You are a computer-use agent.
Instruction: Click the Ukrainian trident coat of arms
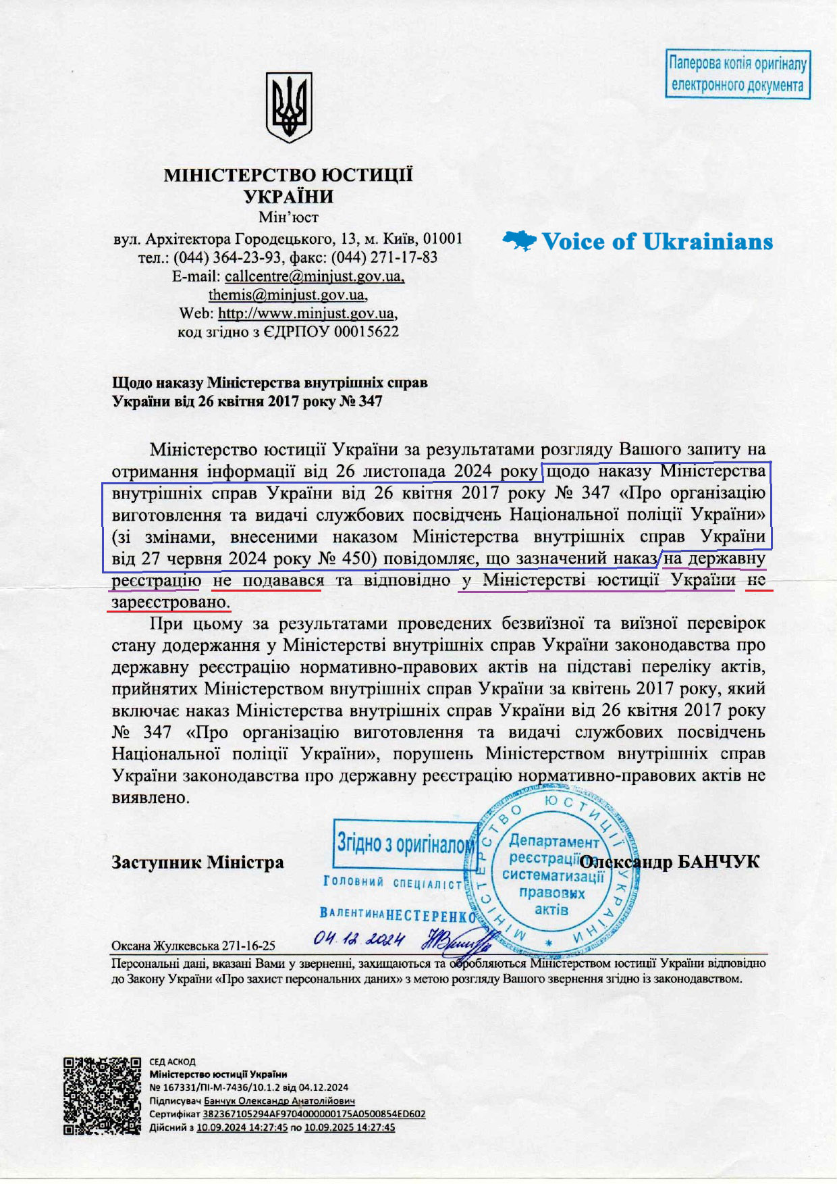click(288, 107)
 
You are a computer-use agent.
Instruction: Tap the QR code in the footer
click(103, 1096)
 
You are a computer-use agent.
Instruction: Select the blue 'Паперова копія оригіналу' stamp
click(737, 74)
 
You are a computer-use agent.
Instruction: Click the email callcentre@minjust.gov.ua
click(315, 276)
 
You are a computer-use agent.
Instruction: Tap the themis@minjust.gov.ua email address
click(287, 295)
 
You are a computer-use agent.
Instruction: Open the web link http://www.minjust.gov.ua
click(306, 313)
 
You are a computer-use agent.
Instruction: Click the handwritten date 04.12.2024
click(359, 940)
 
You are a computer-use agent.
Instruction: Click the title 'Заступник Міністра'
click(197, 863)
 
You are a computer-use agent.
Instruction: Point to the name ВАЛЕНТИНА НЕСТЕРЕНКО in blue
click(398, 916)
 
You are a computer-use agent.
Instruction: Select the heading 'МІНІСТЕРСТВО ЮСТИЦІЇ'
click(288, 176)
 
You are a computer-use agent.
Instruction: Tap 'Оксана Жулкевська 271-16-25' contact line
click(193, 946)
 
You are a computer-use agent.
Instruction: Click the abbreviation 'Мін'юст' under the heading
click(288, 217)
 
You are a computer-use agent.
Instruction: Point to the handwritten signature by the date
click(456, 940)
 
